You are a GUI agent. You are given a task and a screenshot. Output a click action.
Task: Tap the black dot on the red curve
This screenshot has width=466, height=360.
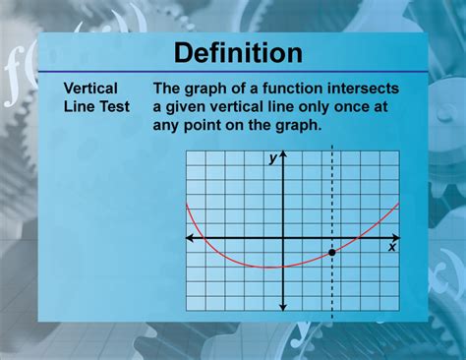[x=332, y=253]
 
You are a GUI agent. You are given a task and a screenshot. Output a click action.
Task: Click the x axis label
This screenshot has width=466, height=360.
[x=391, y=248]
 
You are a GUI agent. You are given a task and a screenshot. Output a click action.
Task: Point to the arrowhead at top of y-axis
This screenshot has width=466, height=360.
[x=283, y=156]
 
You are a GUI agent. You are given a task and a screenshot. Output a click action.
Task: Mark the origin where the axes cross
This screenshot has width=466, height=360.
[x=283, y=238]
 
